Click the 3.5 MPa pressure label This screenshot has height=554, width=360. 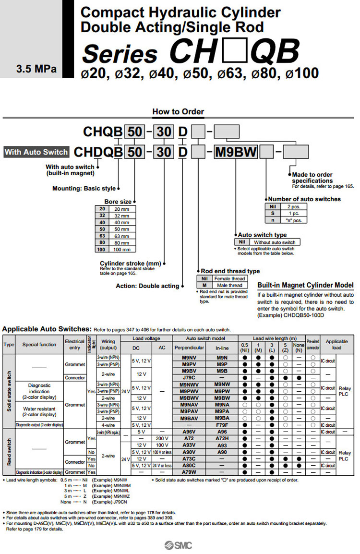pyautogui.click(x=36, y=69)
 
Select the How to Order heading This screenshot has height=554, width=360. pyautogui.click(x=178, y=111)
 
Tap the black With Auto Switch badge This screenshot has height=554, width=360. pyautogui.click(x=36, y=152)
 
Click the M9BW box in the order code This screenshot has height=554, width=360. pyautogui.click(x=236, y=152)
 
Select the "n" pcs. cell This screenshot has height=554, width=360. pyautogui.click(x=293, y=220)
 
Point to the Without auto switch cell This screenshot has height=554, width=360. pyautogui.click(x=274, y=242)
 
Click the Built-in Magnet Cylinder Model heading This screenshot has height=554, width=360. pyautogui.click(x=306, y=285)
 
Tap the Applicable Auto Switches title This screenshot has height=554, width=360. pyautogui.click(x=47, y=329)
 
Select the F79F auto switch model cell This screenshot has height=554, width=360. pyautogui.click(x=222, y=425)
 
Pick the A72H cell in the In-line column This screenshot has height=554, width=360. pyautogui.click(x=222, y=438)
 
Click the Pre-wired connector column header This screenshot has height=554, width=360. pyautogui.click(x=313, y=344)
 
